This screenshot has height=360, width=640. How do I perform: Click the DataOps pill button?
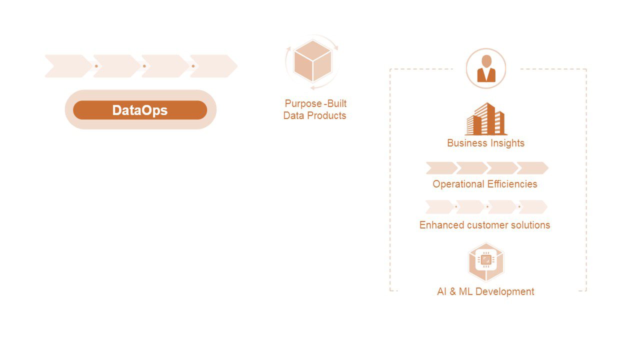point(140,110)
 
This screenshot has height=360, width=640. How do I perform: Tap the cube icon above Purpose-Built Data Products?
point(312,61)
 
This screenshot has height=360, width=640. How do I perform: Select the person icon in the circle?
point(486,68)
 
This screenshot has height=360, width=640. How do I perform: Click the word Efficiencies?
point(511,184)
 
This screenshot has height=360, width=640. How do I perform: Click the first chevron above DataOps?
point(68,66)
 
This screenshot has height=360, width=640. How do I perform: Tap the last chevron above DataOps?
point(213,66)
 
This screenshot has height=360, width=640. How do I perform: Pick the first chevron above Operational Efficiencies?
point(440,168)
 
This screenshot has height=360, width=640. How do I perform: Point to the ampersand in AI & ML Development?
point(453,291)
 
